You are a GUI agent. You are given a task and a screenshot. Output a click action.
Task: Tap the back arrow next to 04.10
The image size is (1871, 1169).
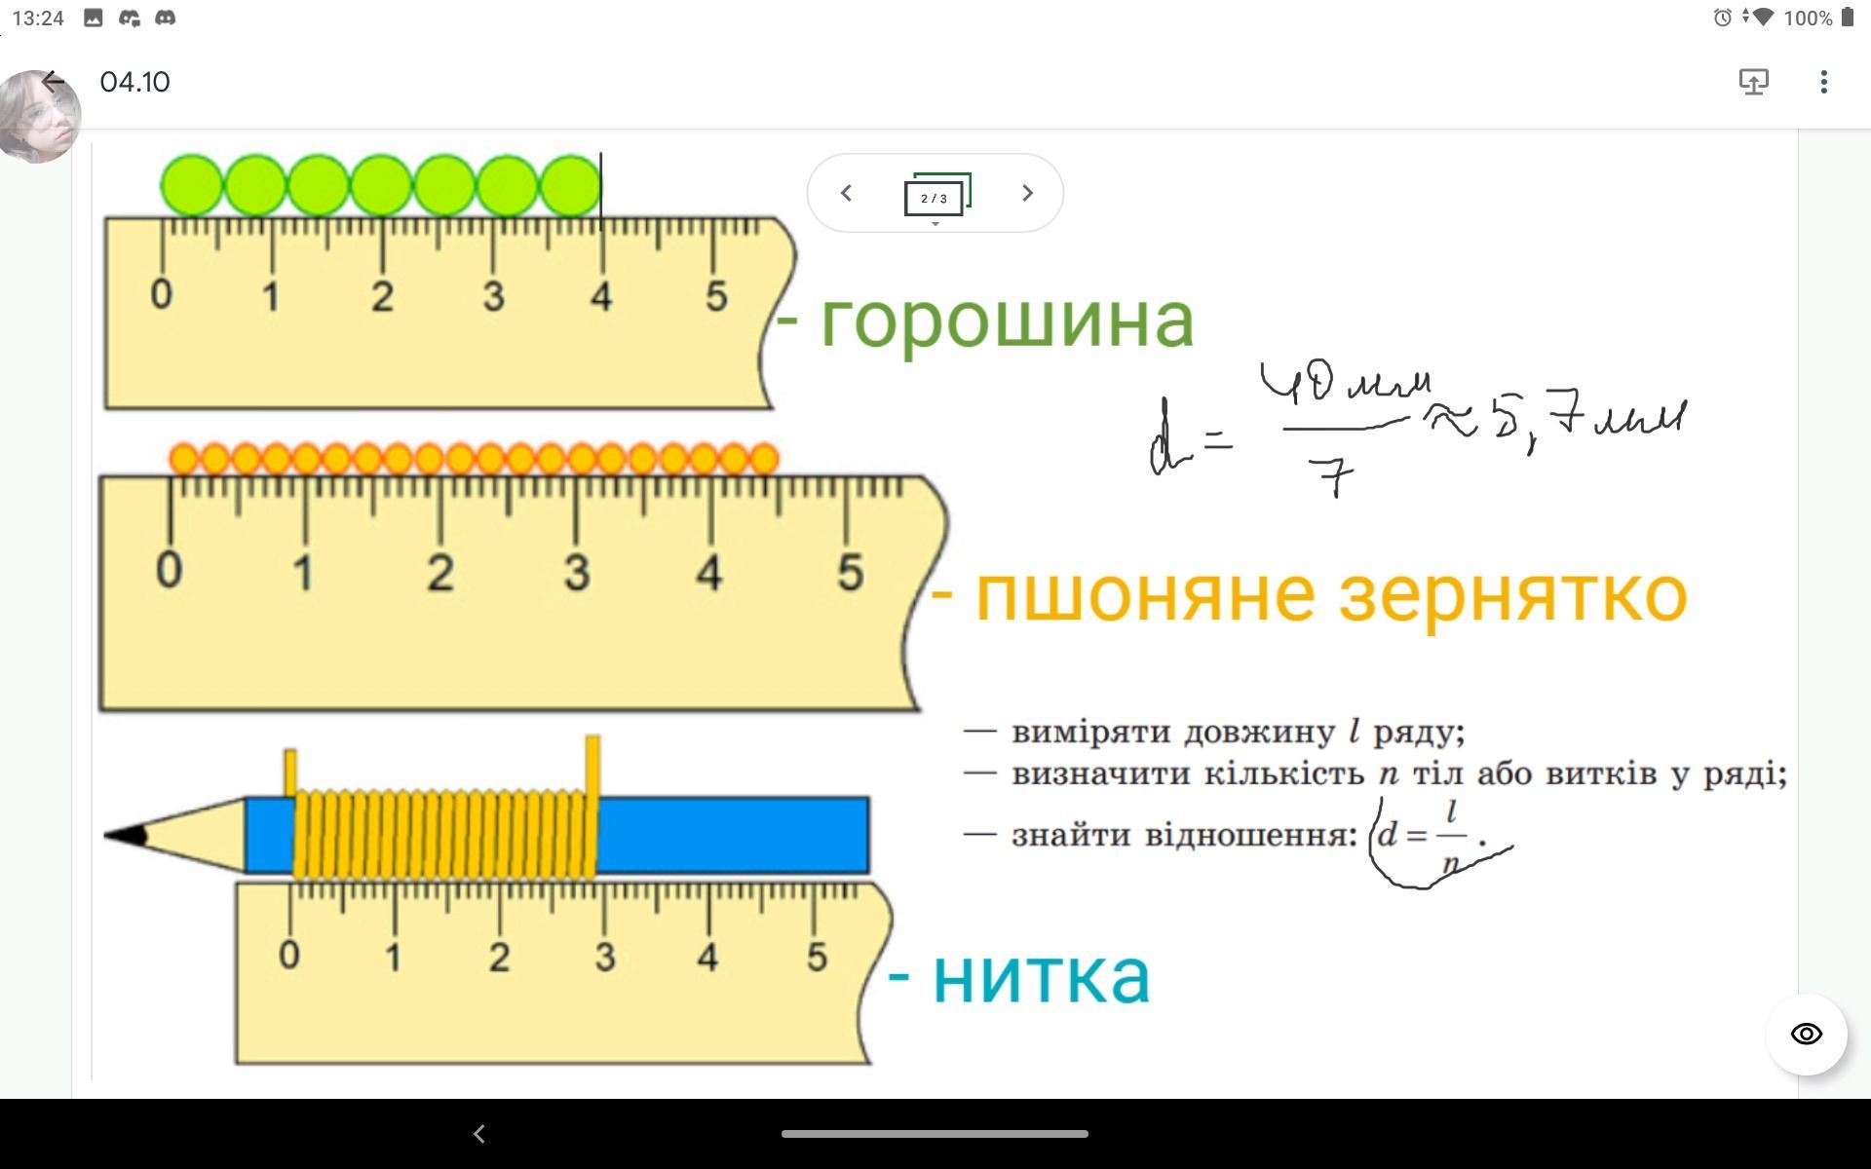[x=54, y=82]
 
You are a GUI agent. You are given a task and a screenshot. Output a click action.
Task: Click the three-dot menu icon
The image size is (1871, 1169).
[x=1823, y=82]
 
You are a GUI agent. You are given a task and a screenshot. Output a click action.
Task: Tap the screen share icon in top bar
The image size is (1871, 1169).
[x=1753, y=82]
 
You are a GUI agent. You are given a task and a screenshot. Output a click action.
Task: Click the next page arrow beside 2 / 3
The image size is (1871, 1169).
[x=1026, y=193]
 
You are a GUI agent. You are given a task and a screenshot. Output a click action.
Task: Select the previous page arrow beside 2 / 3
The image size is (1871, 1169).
[x=846, y=193]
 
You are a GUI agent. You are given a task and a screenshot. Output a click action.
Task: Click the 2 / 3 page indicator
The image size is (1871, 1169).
[x=935, y=197]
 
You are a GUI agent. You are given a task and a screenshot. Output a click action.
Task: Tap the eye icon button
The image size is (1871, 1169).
[x=1806, y=1034]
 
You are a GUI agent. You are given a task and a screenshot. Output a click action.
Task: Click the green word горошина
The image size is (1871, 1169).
[x=1007, y=321]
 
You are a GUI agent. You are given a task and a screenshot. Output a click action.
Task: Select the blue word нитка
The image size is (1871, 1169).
[x=1041, y=976]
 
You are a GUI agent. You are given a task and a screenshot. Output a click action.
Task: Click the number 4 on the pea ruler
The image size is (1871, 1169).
[x=600, y=295]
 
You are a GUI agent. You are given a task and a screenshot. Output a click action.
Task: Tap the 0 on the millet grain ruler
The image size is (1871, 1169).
[x=169, y=570]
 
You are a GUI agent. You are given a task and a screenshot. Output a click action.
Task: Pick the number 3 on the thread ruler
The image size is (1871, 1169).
[x=604, y=957]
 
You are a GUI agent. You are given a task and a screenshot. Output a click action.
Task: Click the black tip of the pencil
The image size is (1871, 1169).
[x=127, y=835]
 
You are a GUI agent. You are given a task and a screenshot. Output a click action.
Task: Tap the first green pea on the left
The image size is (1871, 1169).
[x=191, y=185]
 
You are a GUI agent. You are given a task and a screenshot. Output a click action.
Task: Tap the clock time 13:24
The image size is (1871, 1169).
[x=38, y=18]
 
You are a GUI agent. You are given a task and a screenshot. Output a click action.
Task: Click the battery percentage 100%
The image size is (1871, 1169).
[x=1808, y=18]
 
